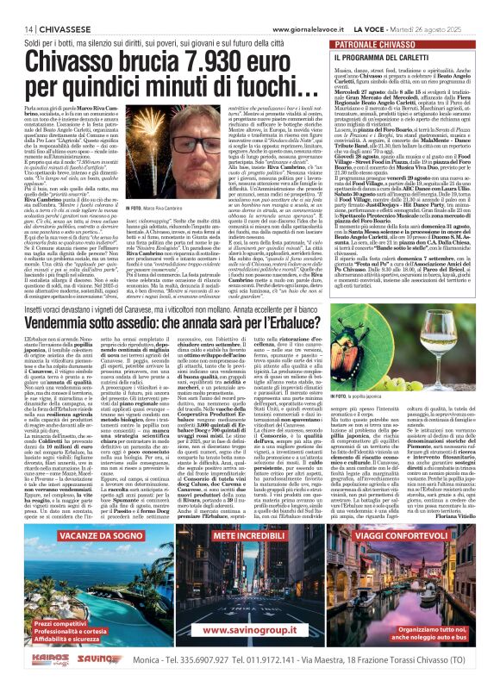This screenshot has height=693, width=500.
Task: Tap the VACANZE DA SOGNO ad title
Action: coord(82,584)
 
